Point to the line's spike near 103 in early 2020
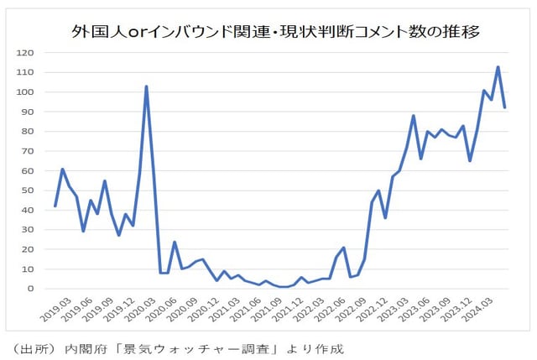pyautogui.click(x=147, y=86)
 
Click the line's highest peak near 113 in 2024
pyautogui.click(x=498, y=67)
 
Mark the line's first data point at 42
pyautogui.click(x=55, y=206)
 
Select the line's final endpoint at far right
pyautogui.click(x=504, y=107)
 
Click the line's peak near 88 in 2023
pyautogui.click(x=414, y=116)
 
